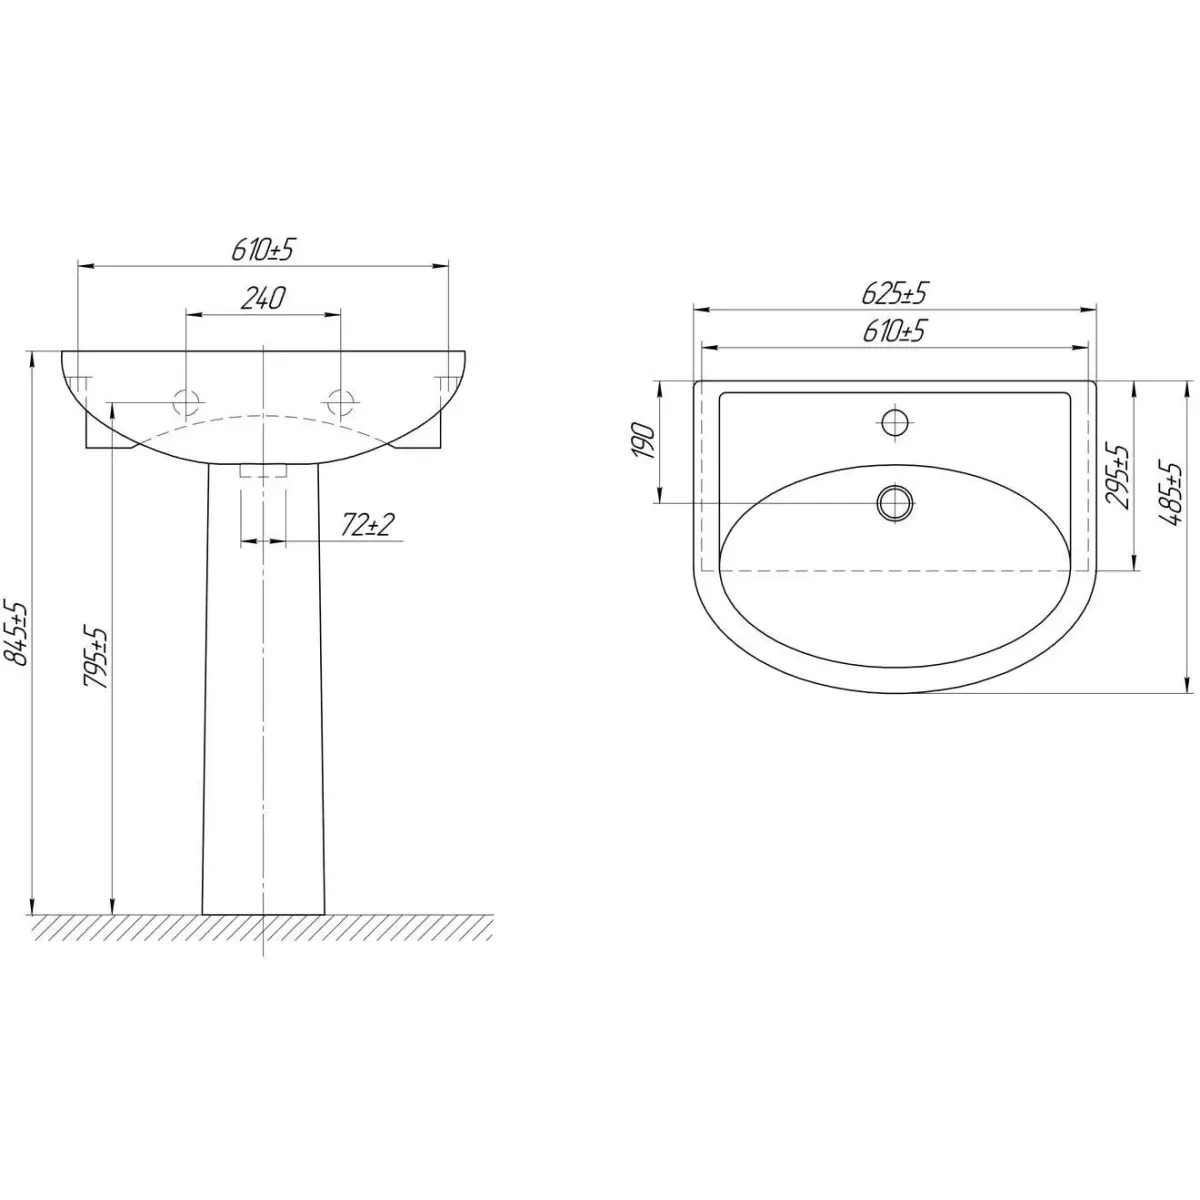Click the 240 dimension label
pos(262,299)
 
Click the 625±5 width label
pos(895,293)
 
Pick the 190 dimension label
pos(644,441)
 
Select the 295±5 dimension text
pos(1118,476)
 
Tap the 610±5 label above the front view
pos(262,250)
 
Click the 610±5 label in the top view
pos(894,331)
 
